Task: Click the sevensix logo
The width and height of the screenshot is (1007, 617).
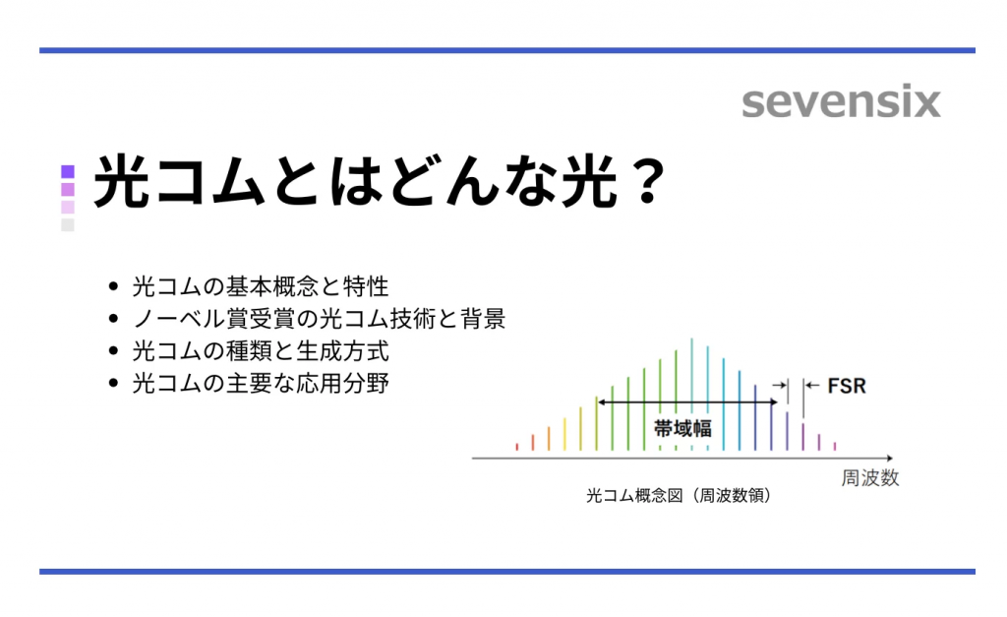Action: click(x=841, y=102)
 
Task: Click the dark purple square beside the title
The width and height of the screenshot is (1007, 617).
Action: click(x=68, y=171)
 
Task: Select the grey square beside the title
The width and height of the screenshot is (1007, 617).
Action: click(x=68, y=224)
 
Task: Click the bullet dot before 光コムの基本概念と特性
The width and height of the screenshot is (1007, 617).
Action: click(x=115, y=288)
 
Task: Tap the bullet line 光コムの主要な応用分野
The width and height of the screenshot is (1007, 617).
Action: click(x=262, y=383)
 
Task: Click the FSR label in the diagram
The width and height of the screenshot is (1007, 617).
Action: click(x=847, y=386)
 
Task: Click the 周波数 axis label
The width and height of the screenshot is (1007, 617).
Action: click(x=870, y=479)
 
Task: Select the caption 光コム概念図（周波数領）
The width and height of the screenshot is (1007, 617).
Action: click(x=678, y=497)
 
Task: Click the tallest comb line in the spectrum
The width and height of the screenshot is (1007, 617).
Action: click(x=692, y=394)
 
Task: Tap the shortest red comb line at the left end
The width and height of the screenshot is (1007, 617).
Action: click(x=516, y=447)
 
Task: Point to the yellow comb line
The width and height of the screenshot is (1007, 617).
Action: click(x=564, y=434)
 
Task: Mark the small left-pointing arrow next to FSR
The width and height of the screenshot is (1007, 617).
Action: click(x=810, y=386)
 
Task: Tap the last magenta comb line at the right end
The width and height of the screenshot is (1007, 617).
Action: click(x=835, y=446)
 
